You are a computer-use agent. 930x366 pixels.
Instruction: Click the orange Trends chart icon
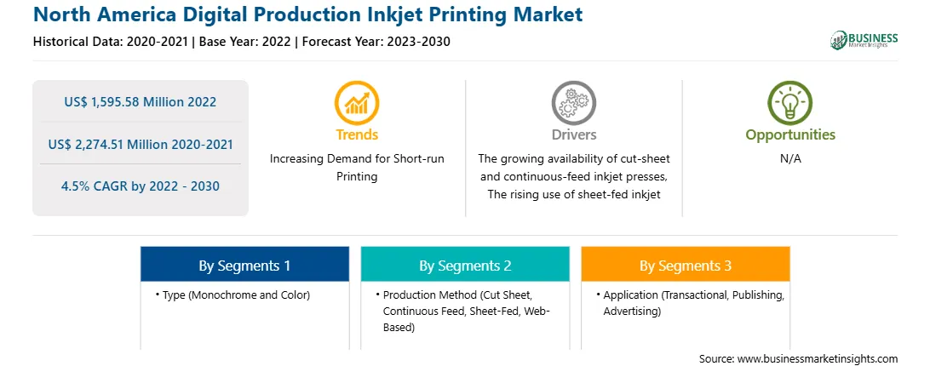[x=357, y=103]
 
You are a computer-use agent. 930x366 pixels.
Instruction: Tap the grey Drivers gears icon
[x=573, y=103]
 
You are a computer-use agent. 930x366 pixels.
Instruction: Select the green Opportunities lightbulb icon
[x=790, y=103]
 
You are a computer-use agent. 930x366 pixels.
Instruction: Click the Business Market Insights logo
[x=864, y=40]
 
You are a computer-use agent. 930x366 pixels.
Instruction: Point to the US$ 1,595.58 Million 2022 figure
[x=140, y=102]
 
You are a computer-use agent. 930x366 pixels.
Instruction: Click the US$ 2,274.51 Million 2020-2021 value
[x=140, y=144]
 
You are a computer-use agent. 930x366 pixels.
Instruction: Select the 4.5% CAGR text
[x=140, y=186]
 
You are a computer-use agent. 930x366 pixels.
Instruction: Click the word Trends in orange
[x=357, y=134]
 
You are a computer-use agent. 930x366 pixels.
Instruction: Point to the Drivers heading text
[x=573, y=134]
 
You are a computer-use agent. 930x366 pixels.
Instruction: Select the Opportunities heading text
[x=790, y=134]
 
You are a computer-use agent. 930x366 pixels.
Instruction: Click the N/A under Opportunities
[x=790, y=159]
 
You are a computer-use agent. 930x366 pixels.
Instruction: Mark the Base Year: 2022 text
[x=244, y=42]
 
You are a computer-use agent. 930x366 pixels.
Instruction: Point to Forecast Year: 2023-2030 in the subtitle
[x=372, y=42]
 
